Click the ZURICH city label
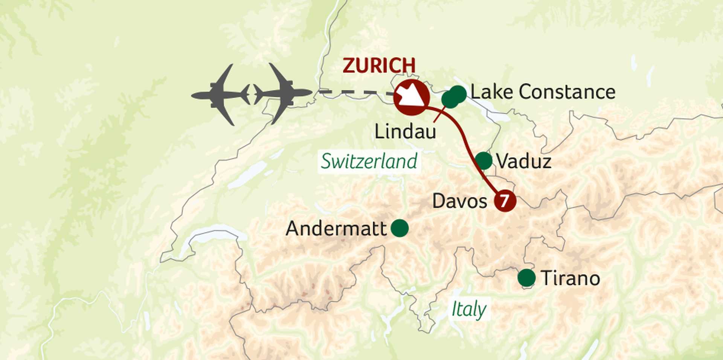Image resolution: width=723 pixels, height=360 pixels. point(379,66)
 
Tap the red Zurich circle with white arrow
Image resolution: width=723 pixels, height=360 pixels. point(411,97)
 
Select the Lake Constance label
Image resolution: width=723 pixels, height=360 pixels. point(543,92)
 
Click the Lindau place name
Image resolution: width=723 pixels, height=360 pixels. point(405,132)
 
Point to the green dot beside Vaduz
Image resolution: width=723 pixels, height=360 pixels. point(484,161)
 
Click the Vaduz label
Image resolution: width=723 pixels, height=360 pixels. point(523,162)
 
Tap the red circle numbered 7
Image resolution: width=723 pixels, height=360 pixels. point(505,201)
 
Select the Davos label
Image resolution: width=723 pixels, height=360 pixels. point(459,201)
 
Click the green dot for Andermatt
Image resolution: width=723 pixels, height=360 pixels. point(399,228)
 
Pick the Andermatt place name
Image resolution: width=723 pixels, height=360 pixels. point(336,229)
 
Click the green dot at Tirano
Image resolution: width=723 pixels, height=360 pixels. point(526,278)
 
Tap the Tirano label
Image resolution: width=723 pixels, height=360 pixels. point(570,279)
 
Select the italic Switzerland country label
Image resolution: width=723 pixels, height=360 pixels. point(369,162)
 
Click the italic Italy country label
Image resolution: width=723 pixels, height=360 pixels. point(469,310)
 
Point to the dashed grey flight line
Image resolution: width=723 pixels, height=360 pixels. point(354,92)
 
